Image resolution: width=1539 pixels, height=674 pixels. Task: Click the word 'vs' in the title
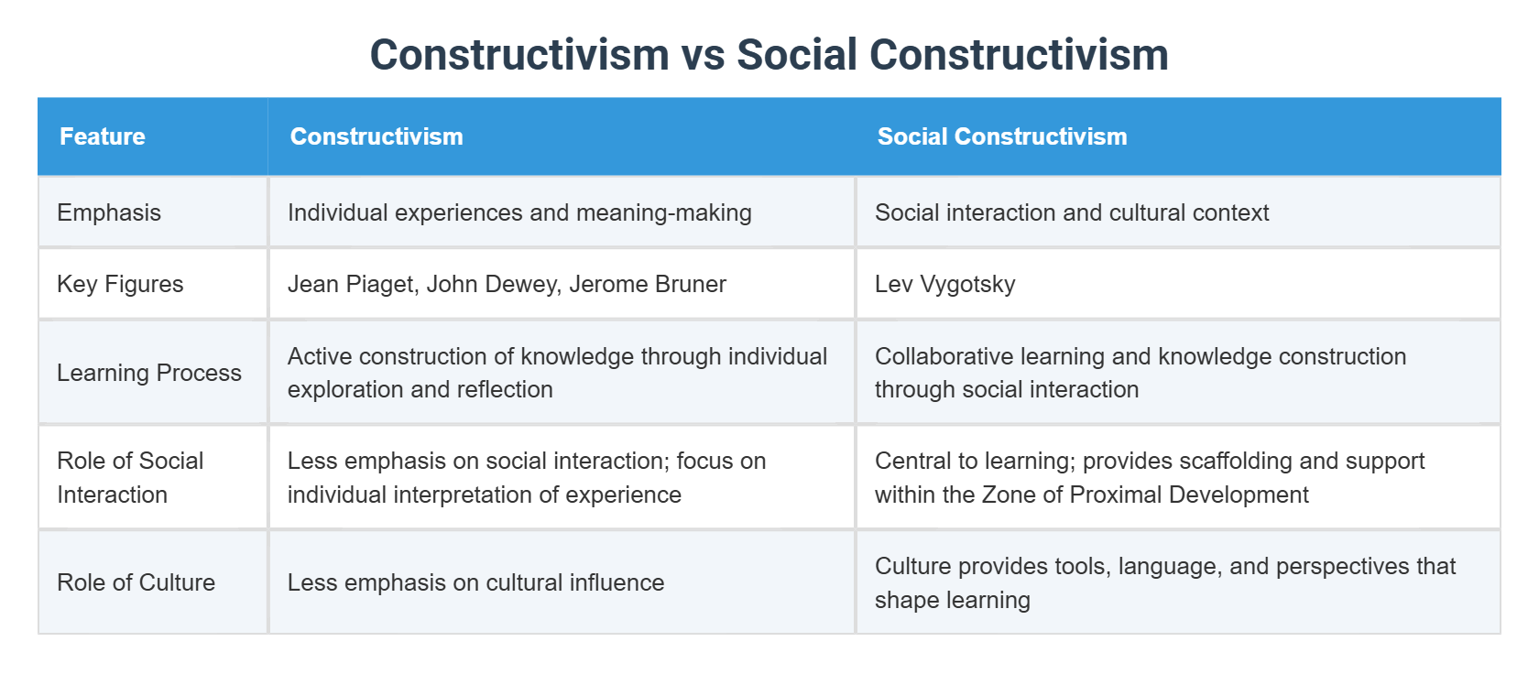[703, 55]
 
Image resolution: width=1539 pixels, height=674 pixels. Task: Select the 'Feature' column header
[103, 136]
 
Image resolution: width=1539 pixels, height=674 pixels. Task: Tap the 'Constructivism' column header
[377, 136]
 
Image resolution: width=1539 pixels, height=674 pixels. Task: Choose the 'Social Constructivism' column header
[1002, 136]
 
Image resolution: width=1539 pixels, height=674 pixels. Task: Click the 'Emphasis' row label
[109, 212]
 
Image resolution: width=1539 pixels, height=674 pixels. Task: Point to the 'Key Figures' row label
[120, 284]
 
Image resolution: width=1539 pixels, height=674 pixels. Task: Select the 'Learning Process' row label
[149, 373]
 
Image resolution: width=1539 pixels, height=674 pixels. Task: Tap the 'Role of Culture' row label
[136, 582]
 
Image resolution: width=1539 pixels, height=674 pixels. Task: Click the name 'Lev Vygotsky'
[944, 284]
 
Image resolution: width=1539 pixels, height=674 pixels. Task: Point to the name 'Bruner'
[693, 284]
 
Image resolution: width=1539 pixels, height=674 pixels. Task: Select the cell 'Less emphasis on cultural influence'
[475, 582]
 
